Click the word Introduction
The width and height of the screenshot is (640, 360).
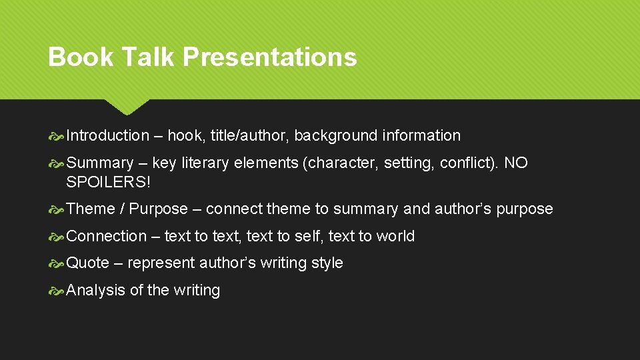pos(108,136)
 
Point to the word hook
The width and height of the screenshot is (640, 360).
pos(185,136)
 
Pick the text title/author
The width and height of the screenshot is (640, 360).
pos(249,136)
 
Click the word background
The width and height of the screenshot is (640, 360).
pos(335,136)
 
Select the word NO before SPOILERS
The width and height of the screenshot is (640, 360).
pos(516,163)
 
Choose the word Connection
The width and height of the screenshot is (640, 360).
pos(107,237)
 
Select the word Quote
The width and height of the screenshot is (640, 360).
pos(88,263)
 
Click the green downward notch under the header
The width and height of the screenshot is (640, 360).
pos(126,106)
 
